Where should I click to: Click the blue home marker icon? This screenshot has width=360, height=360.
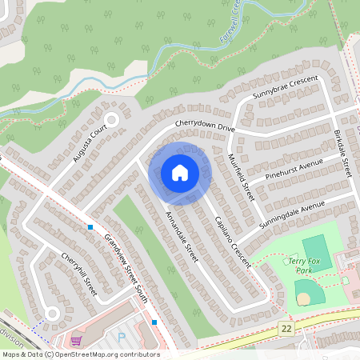click(180, 173)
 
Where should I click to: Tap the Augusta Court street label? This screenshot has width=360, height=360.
click(89, 144)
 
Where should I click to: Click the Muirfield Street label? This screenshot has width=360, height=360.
click(240, 178)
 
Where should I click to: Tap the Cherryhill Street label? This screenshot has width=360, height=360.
click(79, 275)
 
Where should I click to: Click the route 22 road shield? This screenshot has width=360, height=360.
click(286, 329)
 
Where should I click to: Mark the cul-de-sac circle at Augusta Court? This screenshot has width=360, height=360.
click(111, 120)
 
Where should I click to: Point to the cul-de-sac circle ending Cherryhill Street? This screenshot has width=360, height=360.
click(52, 313)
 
